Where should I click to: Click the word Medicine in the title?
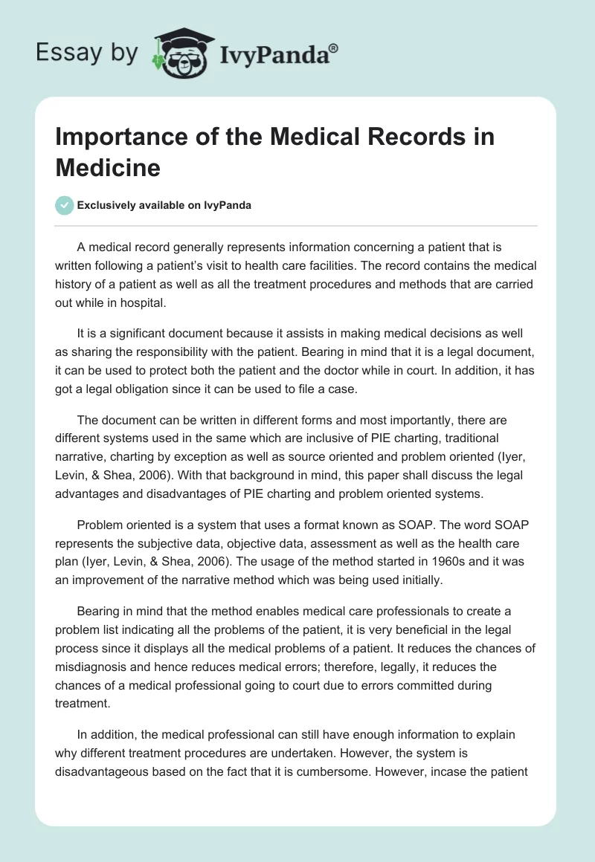108,167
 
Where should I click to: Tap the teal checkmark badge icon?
64,205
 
